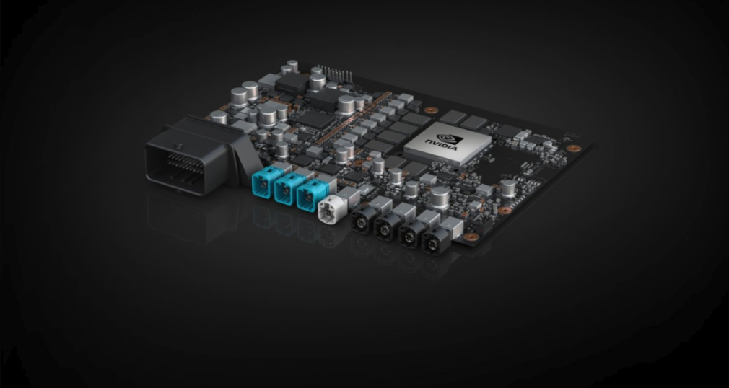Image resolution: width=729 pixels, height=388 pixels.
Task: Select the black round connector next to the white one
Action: point(362,219)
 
